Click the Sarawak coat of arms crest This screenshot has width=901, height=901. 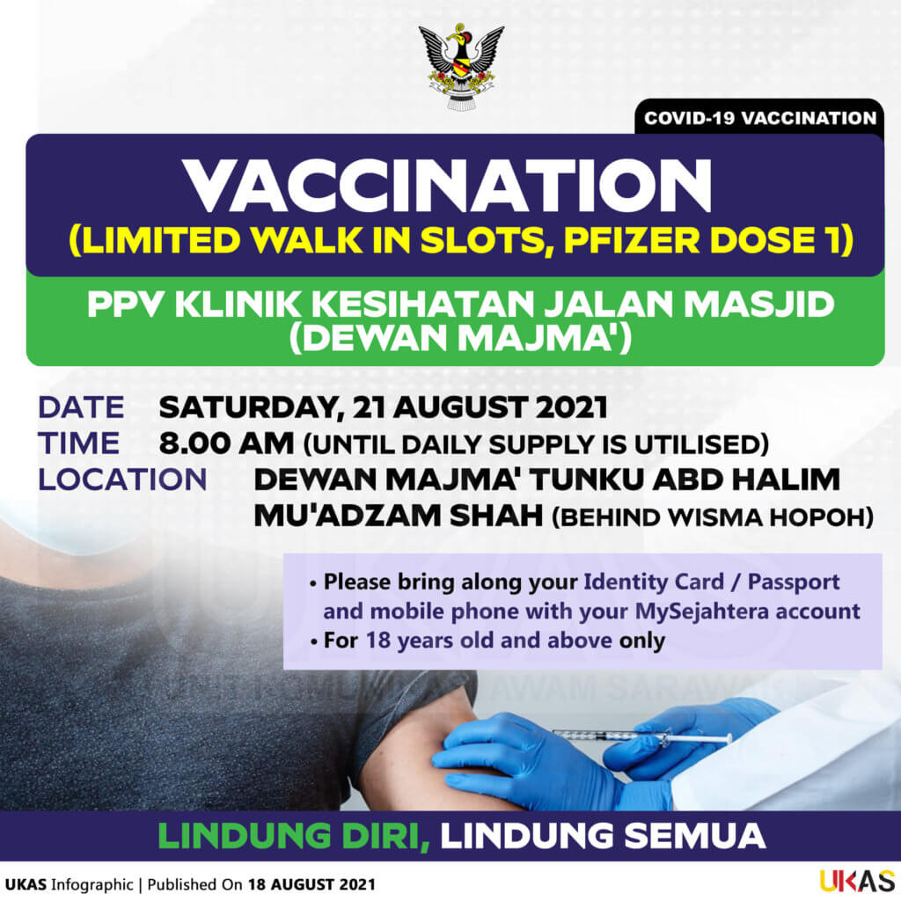(x=461, y=65)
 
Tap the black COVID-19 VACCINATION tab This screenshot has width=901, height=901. (x=759, y=118)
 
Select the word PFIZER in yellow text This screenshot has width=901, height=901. (x=632, y=240)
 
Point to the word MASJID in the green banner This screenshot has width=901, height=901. (x=758, y=304)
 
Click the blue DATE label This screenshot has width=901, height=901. (x=81, y=407)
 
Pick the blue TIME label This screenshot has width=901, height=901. (x=78, y=443)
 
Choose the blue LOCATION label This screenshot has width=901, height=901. (x=122, y=480)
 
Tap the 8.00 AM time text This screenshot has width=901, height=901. (x=226, y=444)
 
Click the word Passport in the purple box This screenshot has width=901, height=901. (x=794, y=582)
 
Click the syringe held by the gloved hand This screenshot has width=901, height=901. (x=641, y=736)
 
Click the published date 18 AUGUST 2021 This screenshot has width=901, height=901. (x=311, y=885)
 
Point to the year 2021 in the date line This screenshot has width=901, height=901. (x=571, y=407)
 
